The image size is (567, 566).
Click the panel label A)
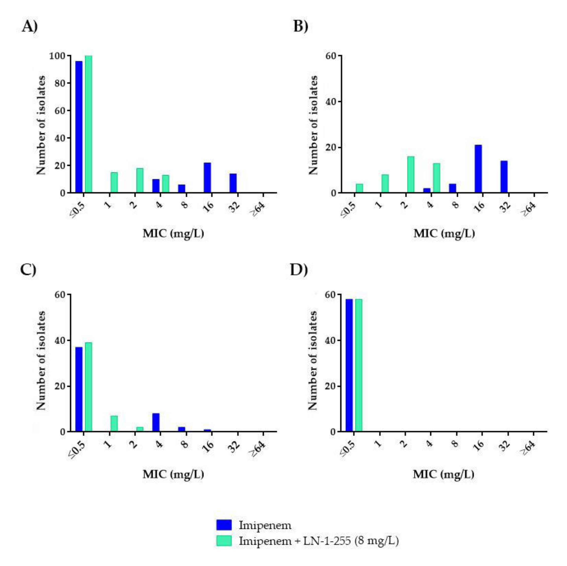click(30, 27)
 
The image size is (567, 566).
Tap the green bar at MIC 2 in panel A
click(140, 180)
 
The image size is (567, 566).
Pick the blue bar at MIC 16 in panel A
click(207, 178)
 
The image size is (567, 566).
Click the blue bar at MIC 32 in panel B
click(504, 177)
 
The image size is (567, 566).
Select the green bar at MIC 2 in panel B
click(411, 175)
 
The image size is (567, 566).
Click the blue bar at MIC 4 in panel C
click(156, 422)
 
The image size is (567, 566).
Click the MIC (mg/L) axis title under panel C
click(173, 474)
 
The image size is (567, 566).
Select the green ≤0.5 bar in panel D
click(359, 365)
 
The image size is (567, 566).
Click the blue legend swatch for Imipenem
click(224, 525)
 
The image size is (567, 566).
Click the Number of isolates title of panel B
click(314, 125)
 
